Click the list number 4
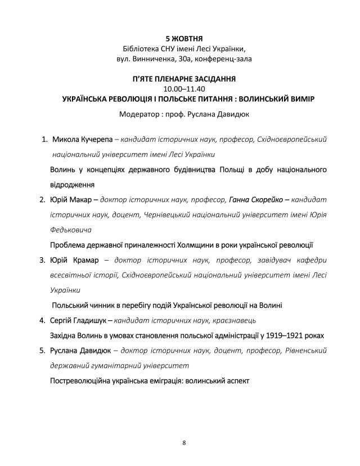point(42,321)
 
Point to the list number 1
point(42,139)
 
